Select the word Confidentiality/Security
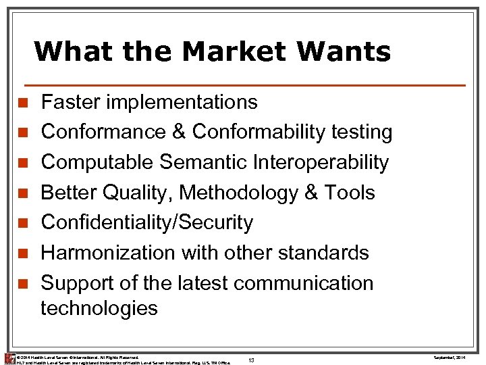[x=147, y=222]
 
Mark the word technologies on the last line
[x=99, y=308]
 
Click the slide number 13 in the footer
[x=251, y=360]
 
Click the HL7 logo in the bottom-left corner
[x=9, y=358]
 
